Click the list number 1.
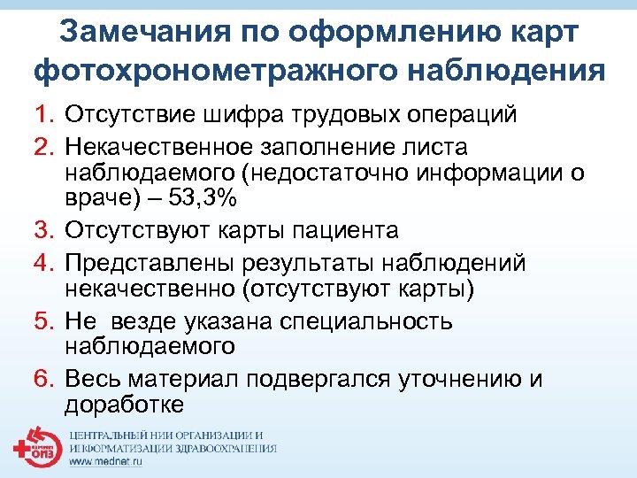point(43,115)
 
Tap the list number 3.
point(43,231)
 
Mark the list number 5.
point(43,321)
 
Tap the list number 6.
point(43,380)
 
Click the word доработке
point(124,405)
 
